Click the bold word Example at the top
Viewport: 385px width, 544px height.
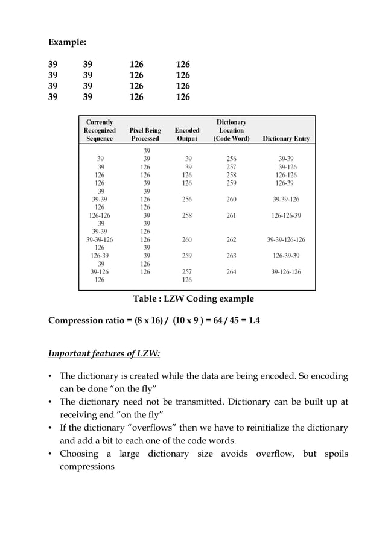(66, 43)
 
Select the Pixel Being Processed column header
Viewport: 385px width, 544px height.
(145, 134)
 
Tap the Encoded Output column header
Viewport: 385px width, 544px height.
(186, 134)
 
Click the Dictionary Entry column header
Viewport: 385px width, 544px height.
(286, 138)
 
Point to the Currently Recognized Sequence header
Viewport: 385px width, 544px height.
(99, 130)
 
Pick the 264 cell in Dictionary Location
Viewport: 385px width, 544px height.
(231, 272)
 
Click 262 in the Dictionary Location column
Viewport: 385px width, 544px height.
(231, 239)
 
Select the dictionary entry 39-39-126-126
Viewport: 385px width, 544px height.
(286, 239)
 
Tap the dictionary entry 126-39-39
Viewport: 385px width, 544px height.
(286, 256)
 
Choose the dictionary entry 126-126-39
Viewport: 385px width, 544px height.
(286, 215)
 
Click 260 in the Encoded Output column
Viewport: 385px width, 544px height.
(187, 239)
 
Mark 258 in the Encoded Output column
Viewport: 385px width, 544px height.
(187, 215)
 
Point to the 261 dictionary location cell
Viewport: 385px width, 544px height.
(231, 215)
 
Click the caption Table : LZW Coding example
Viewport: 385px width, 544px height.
(193, 299)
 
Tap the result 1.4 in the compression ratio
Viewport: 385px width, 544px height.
(254, 320)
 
